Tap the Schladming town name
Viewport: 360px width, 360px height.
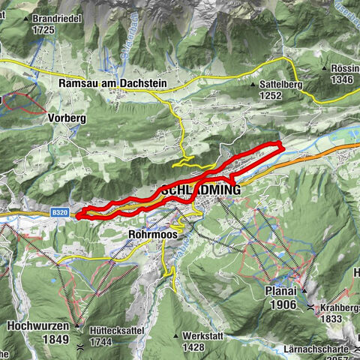point(200,190)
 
